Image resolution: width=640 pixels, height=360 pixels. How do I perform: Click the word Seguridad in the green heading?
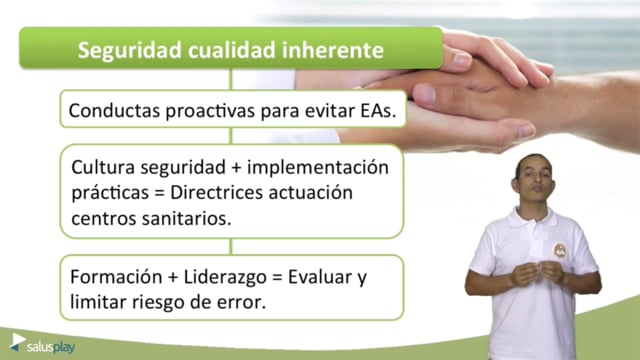click(129, 51)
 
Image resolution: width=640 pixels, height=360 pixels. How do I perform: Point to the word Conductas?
click(114, 110)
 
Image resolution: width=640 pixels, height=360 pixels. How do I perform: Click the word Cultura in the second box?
click(103, 167)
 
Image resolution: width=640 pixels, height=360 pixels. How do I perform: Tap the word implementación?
click(318, 168)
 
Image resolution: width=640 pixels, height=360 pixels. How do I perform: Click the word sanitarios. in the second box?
click(186, 218)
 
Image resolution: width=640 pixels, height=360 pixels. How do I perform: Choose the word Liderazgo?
click(225, 278)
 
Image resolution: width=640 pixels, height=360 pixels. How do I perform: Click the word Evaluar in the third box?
click(320, 277)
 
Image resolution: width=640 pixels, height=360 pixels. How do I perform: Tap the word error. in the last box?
click(247, 303)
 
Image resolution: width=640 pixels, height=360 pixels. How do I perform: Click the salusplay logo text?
click(51, 348)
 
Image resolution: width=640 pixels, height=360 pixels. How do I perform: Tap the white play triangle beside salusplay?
click(18, 340)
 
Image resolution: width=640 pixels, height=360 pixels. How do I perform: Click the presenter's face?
click(535, 180)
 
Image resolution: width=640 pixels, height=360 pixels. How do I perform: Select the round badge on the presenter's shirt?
click(560, 250)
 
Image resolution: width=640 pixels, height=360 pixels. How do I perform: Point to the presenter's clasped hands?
click(538, 273)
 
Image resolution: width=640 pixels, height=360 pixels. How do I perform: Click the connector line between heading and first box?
click(231, 79)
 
